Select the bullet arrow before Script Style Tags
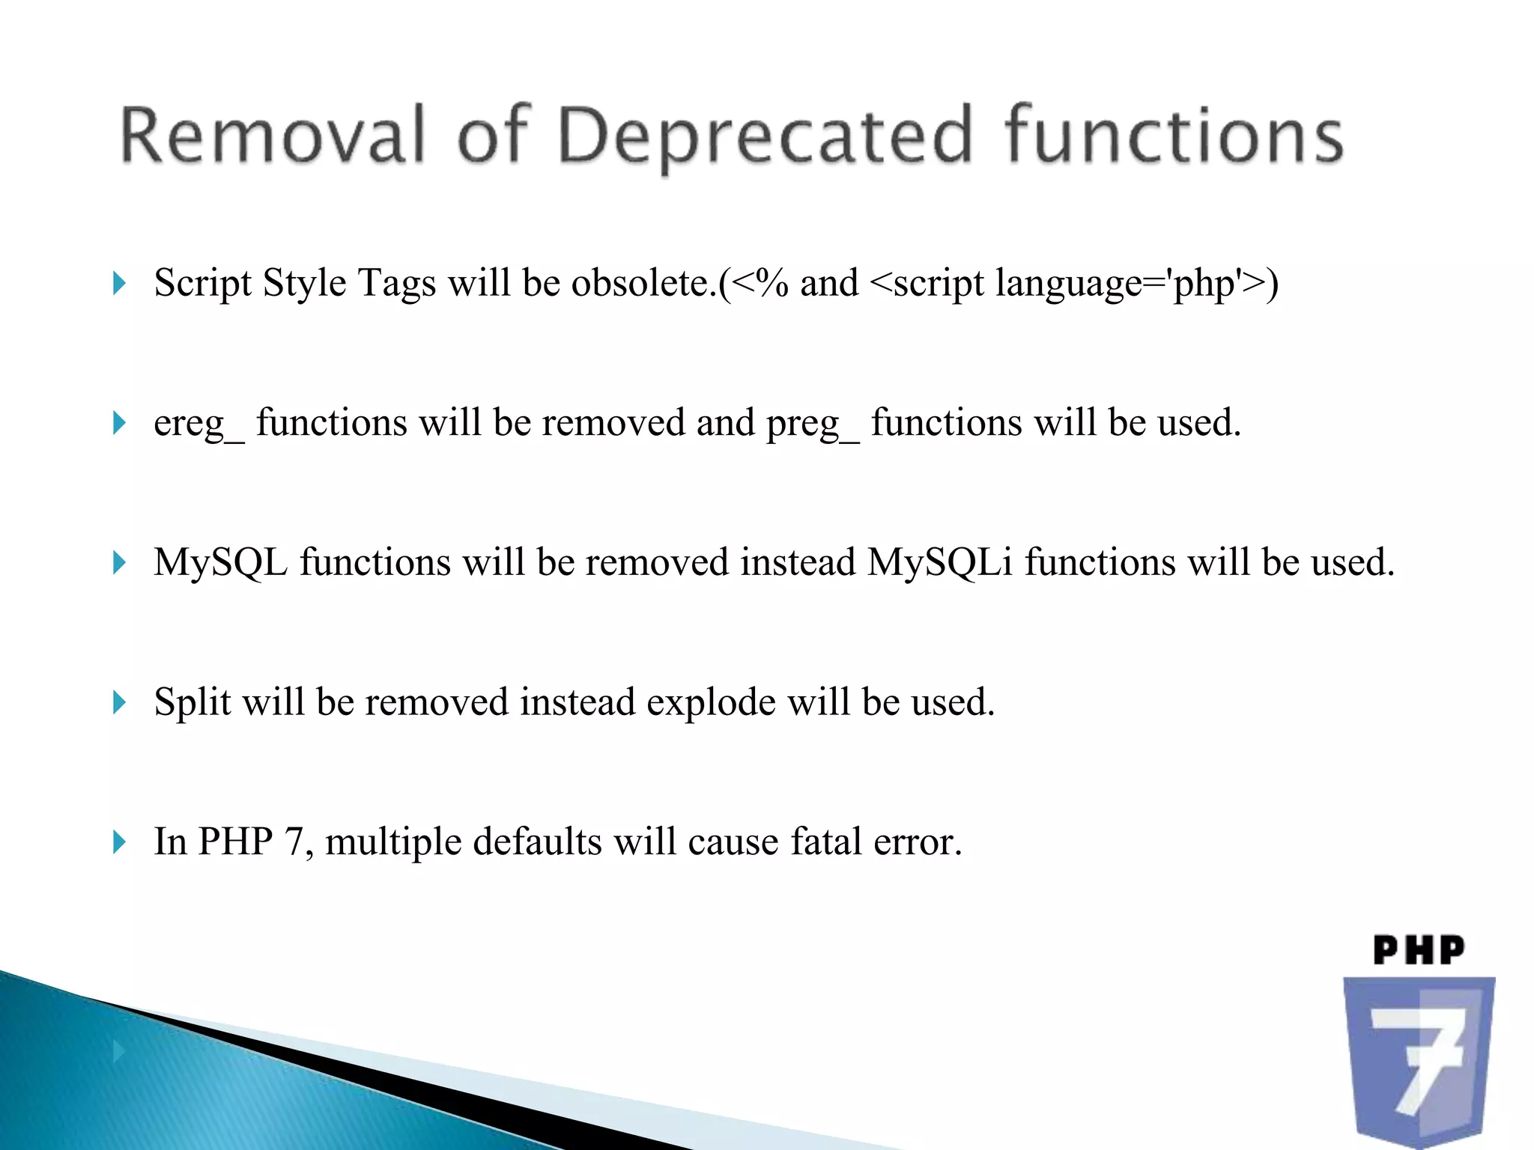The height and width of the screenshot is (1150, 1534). [119, 284]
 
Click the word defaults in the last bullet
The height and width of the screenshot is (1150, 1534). [537, 842]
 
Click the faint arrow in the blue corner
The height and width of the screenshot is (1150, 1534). [118, 1052]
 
